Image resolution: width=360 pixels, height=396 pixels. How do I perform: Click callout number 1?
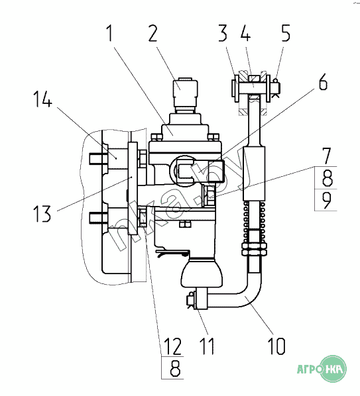tap(109, 33)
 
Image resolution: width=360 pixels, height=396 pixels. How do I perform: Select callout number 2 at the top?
tap(153, 33)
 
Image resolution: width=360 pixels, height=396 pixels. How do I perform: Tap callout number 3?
tap(223, 33)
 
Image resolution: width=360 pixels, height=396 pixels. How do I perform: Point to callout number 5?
tap(286, 33)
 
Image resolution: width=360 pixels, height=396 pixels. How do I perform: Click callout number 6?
tap(323, 81)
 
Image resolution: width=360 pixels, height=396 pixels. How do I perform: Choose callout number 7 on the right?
tap(327, 156)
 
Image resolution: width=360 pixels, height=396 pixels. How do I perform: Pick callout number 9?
tap(326, 200)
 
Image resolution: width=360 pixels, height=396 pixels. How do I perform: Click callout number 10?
tap(277, 346)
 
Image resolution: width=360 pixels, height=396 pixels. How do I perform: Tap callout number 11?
tap(207, 346)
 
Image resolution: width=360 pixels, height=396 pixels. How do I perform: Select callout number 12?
tap(173, 346)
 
